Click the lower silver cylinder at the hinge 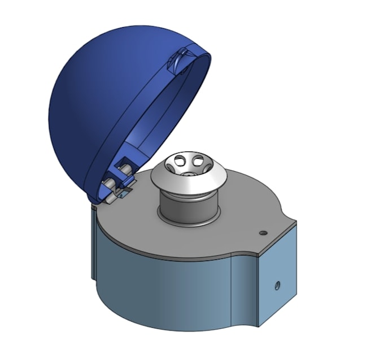pos(109,184)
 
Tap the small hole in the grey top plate pos(262,232)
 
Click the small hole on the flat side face pos(277,285)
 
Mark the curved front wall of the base pos(169,294)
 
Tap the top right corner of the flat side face pos(296,225)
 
